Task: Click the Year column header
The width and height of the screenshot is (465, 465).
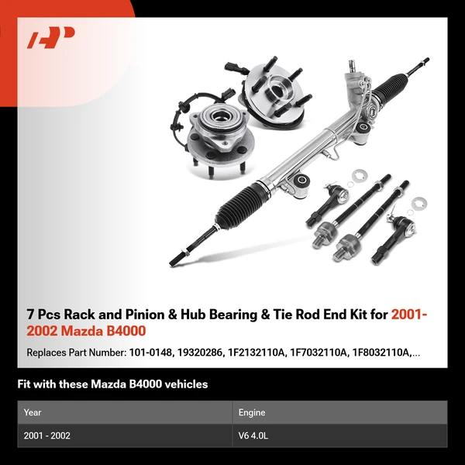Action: (32, 412)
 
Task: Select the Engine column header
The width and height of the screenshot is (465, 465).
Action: (253, 412)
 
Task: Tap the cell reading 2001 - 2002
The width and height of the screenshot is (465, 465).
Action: (46, 436)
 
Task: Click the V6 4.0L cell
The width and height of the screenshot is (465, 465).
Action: (255, 436)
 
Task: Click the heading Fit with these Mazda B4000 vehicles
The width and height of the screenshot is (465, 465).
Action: (112, 384)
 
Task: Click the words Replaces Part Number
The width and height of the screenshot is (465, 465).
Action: (74, 353)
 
